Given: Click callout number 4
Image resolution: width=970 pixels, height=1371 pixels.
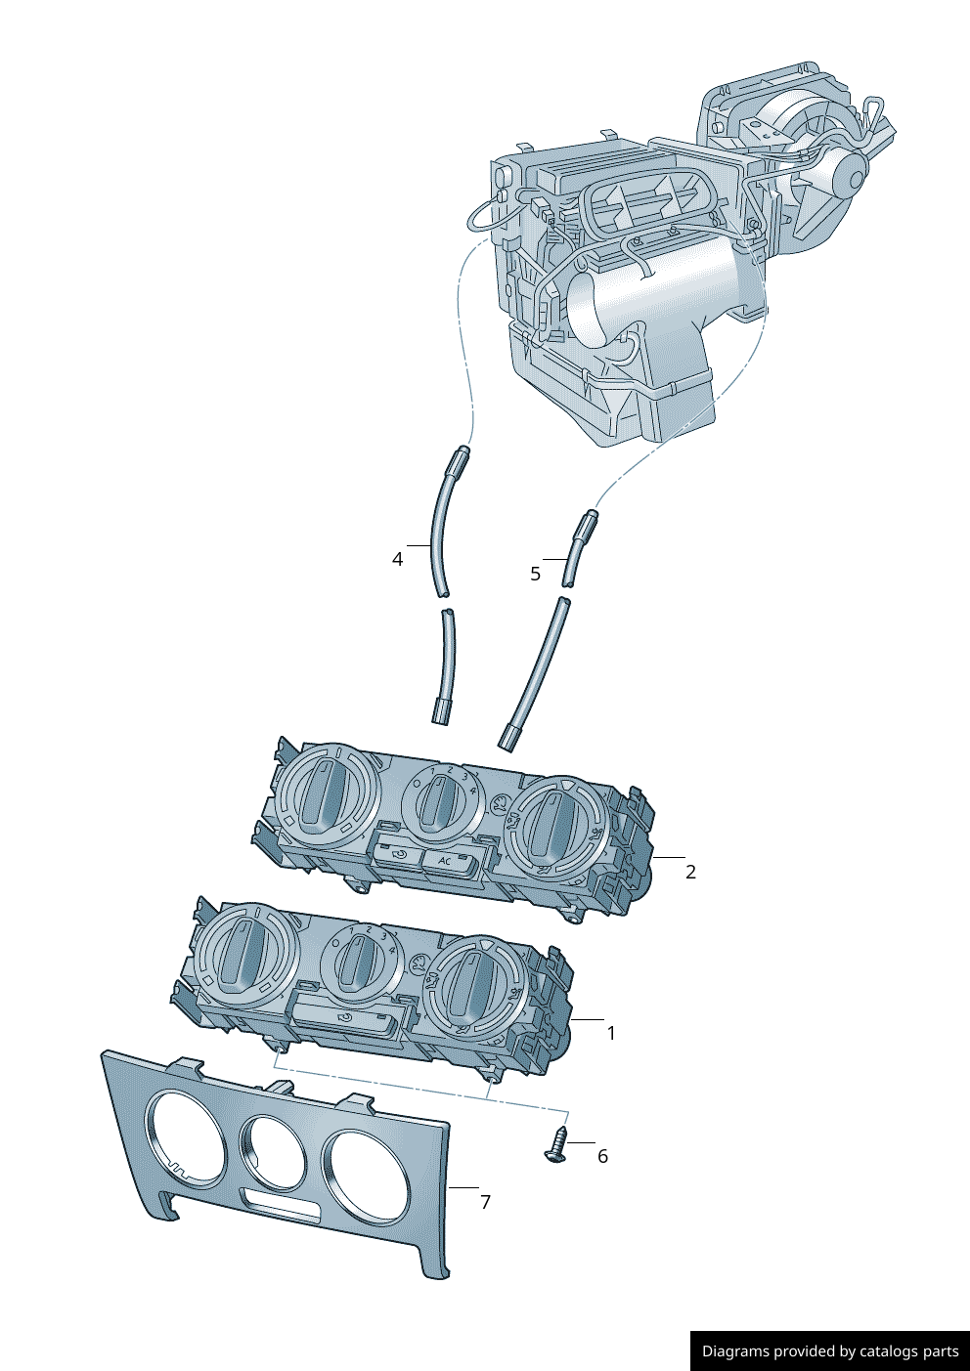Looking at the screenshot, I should pyautogui.click(x=397, y=559).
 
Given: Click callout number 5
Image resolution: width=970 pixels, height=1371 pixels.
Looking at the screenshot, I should pyautogui.click(x=535, y=574).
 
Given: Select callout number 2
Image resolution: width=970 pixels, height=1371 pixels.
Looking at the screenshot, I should pyautogui.click(x=690, y=872).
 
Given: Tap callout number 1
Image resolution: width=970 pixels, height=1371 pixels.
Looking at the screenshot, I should pyautogui.click(x=611, y=1033).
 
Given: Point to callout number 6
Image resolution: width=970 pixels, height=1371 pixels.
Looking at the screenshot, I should pyautogui.click(x=602, y=1156).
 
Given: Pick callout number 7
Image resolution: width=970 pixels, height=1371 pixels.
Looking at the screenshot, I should pyautogui.click(x=485, y=1202).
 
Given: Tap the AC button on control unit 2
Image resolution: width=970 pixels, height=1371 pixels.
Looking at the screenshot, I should pyautogui.click(x=446, y=861).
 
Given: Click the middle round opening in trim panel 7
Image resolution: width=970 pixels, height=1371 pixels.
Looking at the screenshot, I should pyautogui.click(x=274, y=1153).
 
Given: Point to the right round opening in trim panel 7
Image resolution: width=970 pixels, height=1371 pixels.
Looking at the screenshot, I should pyautogui.click(x=366, y=1178).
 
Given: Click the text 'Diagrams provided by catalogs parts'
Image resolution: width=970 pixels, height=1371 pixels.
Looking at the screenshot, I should pyautogui.click(x=829, y=1351).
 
